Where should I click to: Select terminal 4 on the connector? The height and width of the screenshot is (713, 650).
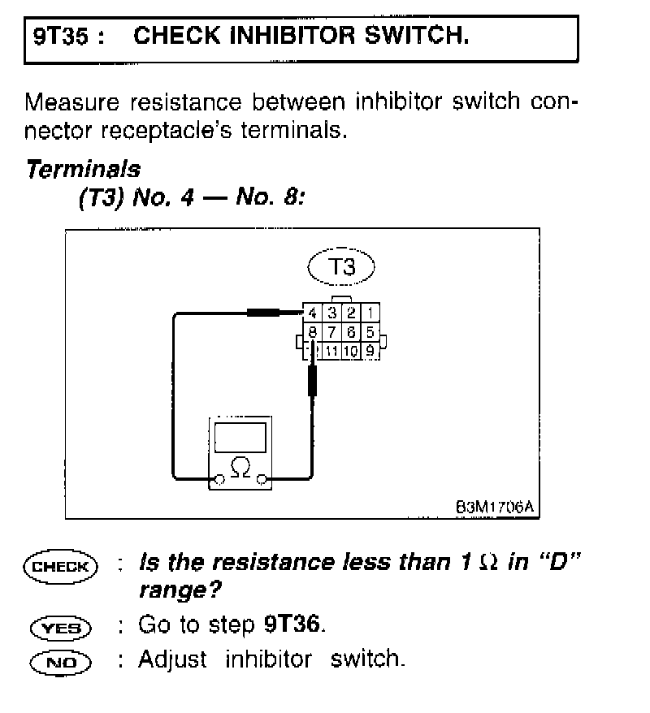(313, 313)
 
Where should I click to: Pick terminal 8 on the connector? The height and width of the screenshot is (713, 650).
(313, 331)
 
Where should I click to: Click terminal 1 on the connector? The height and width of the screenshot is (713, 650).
(370, 313)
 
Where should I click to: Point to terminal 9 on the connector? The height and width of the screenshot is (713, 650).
(370, 351)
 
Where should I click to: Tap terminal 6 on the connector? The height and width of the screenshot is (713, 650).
(352, 331)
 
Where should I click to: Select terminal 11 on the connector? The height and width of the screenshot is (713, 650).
(332, 351)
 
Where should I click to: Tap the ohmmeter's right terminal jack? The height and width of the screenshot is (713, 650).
(262, 481)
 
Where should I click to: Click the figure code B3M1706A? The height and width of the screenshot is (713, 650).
(494, 508)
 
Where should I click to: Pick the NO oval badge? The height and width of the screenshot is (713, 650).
(61, 662)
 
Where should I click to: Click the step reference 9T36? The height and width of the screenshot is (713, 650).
(298, 624)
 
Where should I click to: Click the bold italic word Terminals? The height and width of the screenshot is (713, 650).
(83, 170)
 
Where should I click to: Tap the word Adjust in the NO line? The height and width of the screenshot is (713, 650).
(171, 659)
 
